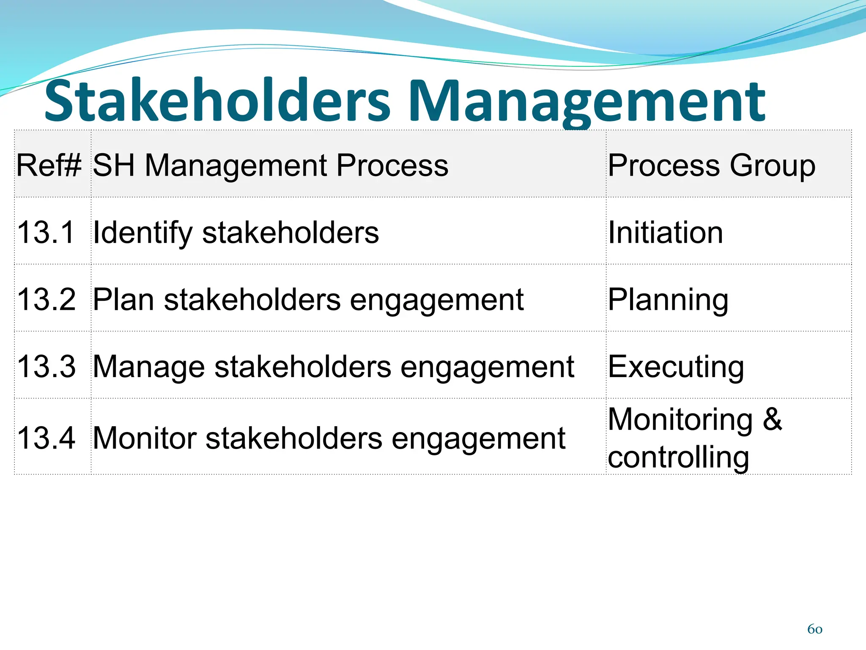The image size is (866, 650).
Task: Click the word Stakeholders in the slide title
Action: pyautogui.click(x=217, y=101)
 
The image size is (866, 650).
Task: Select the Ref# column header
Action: pyautogui.click(x=49, y=165)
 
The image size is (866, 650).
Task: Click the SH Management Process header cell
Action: pyautogui.click(x=271, y=165)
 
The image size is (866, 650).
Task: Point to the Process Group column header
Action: pyautogui.click(x=712, y=165)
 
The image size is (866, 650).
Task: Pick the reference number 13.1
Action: pyautogui.click(x=46, y=232)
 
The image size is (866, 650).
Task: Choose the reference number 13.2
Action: pyautogui.click(x=47, y=300)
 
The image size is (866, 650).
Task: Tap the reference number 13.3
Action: pyautogui.click(x=47, y=366)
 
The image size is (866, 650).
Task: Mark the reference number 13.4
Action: pyautogui.click(x=47, y=438)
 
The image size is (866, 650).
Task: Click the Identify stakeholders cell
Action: pyautogui.click(x=236, y=232)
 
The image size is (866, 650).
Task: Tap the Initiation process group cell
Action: pyautogui.click(x=666, y=232)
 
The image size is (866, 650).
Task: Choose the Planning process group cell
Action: pyautogui.click(x=668, y=300)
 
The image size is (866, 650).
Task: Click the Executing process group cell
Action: pyautogui.click(x=676, y=366)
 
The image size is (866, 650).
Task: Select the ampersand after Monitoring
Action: pyautogui.click(x=772, y=419)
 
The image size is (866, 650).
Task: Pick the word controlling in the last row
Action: pyautogui.click(x=678, y=457)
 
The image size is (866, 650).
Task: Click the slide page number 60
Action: pyautogui.click(x=814, y=629)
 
